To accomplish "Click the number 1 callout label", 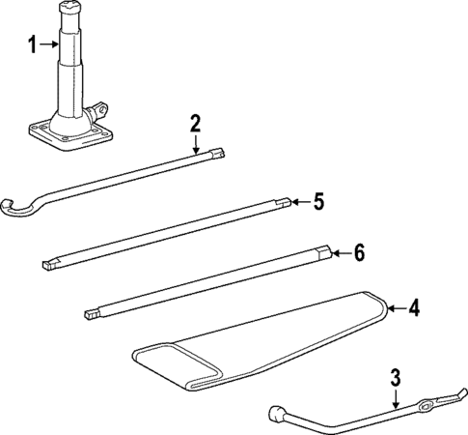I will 32,44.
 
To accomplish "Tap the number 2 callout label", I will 195,123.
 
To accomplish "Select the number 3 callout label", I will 395,377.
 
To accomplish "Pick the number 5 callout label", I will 317,202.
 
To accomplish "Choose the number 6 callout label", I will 358,253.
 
